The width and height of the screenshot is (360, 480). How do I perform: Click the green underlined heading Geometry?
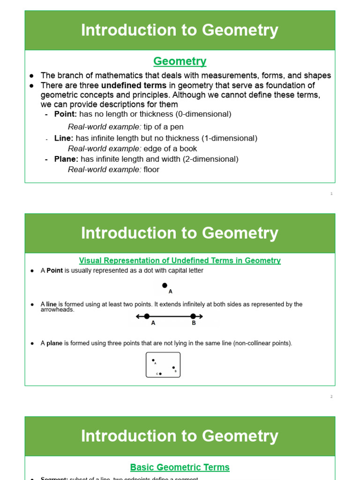click(x=180, y=61)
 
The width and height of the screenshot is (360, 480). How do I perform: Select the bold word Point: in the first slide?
click(x=66, y=114)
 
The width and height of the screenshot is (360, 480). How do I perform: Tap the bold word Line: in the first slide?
click(x=64, y=138)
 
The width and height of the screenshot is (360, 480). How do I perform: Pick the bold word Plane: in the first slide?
click(x=66, y=159)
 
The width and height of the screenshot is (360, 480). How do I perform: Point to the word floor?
click(x=151, y=169)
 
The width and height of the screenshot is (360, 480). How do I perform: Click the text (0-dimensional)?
click(x=203, y=114)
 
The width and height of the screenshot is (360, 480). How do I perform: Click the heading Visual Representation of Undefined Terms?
click(x=180, y=261)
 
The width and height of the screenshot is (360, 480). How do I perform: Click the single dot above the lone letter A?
click(x=165, y=285)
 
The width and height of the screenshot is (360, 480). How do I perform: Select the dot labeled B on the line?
click(x=193, y=316)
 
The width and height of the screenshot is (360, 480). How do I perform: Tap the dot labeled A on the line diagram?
click(x=147, y=316)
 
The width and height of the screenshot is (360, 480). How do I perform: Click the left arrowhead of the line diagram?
click(x=138, y=316)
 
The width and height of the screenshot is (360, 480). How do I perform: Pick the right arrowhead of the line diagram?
click(x=201, y=316)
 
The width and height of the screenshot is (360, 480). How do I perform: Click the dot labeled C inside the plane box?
click(x=160, y=374)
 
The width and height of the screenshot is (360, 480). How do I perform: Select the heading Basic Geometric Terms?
click(x=180, y=467)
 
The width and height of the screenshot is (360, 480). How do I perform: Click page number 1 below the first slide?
click(x=331, y=194)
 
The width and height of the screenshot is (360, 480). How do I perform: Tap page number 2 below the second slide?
click(x=331, y=397)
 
